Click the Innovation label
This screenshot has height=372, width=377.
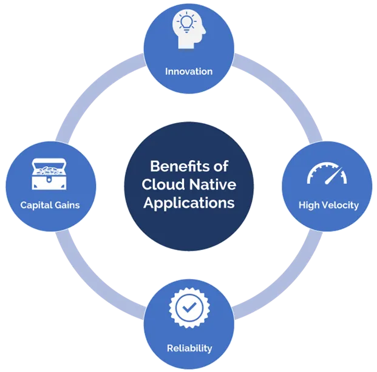[x=189, y=72]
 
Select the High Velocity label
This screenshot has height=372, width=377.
[x=328, y=205]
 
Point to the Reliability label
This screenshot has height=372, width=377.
[x=189, y=348]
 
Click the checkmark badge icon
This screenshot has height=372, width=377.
[x=189, y=308]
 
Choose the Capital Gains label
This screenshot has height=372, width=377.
[x=50, y=205]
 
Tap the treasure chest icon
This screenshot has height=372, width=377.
[x=50, y=174]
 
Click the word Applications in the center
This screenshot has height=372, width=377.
[x=189, y=203]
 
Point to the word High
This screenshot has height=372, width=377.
[x=308, y=205]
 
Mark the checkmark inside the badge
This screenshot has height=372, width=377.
[x=189, y=308]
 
